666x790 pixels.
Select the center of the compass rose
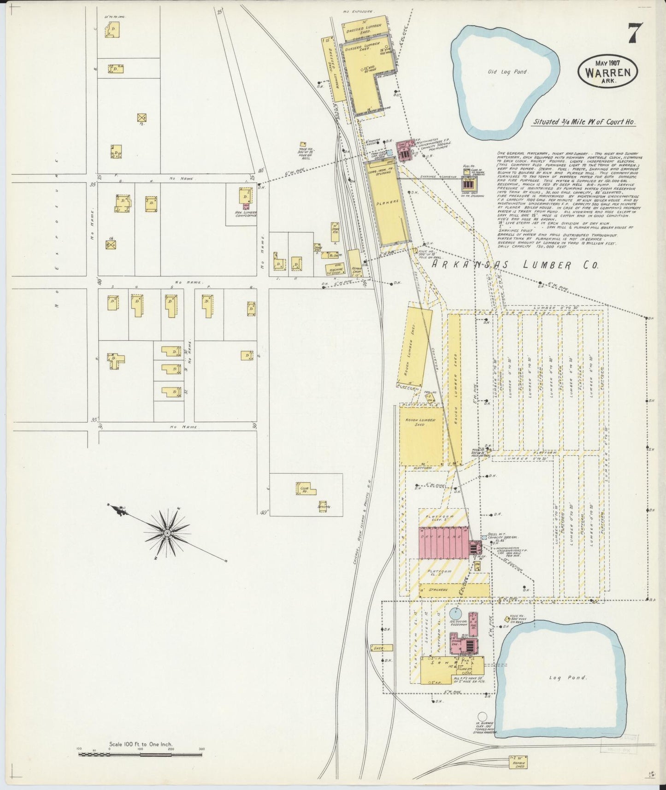coord(168,533)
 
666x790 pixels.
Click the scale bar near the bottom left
coord(141,755)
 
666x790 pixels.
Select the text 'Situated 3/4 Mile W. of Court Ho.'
coord(584,122)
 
